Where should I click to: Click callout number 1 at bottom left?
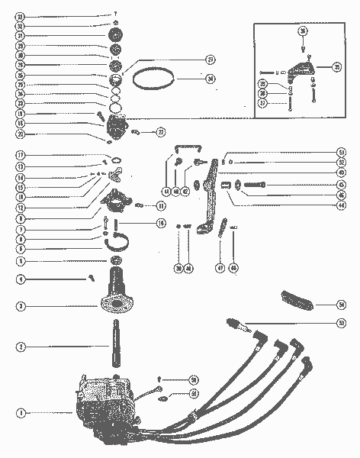click(21, 412)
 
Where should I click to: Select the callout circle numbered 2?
click(21, 347)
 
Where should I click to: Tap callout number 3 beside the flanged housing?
click(21, 306)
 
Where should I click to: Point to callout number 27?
click(188, 60)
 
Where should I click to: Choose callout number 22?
click(161, 132)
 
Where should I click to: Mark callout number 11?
click(161, 205)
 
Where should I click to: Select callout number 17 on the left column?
click(21, 156)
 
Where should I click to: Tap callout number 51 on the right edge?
click(341, 152)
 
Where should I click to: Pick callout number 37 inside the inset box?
click(262, 104)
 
